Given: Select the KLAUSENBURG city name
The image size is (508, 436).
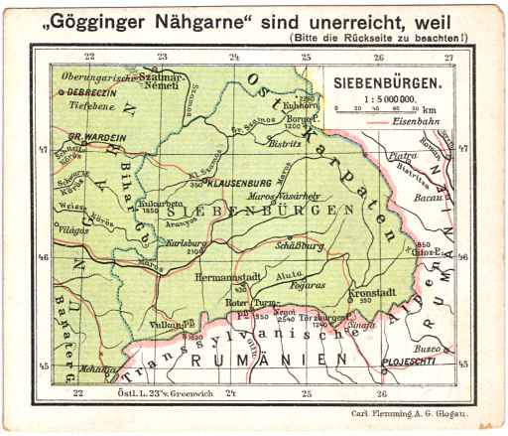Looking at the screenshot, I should [243, 183].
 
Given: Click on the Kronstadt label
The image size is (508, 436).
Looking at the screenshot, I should [375, 293].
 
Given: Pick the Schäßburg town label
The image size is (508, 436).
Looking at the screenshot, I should [298, 243].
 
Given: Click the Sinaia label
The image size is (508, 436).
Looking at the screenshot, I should [360, 325].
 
